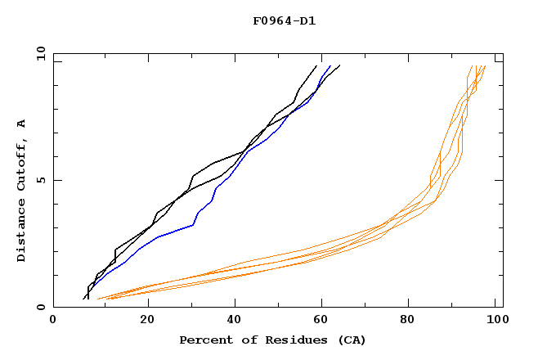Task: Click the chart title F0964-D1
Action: [x=284, y=20]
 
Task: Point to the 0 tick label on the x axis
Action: [x=53, y=322]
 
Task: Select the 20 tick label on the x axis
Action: [x=147, y=322]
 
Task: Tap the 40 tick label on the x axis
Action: [x=235, y=322]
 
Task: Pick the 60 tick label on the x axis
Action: [x=325, y=322]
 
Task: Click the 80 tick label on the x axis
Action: [x=413, y=322]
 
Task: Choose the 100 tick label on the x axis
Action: [x=495, y=322]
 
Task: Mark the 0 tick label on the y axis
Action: [x=40, y=308]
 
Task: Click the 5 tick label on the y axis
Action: [x=40, y=180]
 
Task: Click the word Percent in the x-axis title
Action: [x=204, y=340]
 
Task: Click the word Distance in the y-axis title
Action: [x=21, y=232]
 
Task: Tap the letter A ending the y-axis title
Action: [x=21, y=124]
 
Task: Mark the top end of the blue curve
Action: [x=330, y=65]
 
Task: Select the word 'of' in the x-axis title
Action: [x=244, y=340]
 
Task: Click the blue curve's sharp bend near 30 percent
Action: [x=193, y=224]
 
